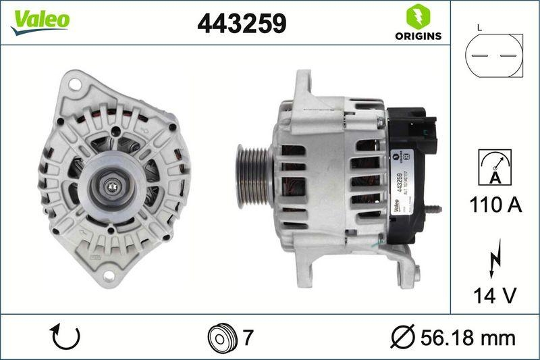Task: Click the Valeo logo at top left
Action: point(39,20)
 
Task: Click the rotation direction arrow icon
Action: point(66,336)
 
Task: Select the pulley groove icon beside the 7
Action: point(219,336)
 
